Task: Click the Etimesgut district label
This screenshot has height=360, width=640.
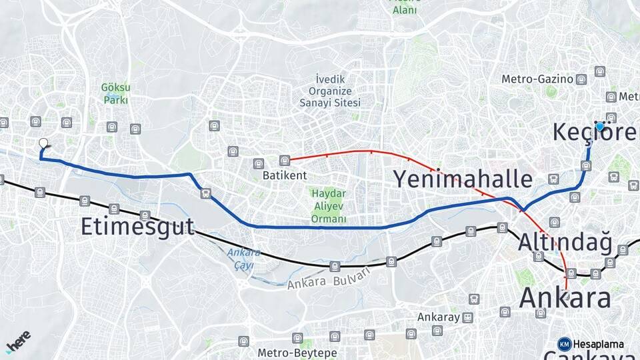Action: click(137, 226)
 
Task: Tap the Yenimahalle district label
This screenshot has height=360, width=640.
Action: click(462, 179)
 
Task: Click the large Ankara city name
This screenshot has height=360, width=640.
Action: click(565, 297)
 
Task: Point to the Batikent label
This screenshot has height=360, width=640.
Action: click(284, 175)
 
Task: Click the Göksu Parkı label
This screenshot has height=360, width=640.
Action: click(115, 93)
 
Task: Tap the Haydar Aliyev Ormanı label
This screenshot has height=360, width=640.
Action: click(329, 205)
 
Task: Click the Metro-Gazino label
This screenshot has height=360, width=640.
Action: click(537, 79)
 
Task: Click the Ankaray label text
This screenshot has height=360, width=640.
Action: click(439, 317)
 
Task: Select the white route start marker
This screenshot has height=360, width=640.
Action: click(43, 143)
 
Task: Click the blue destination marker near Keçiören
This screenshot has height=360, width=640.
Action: click(600, 126)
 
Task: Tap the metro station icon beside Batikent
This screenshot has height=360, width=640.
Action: click(285, 160)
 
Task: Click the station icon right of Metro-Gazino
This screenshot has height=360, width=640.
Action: click(581, 79)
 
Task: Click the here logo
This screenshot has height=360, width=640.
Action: click(19, 341)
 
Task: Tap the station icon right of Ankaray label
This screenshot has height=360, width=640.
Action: click(468, 317)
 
